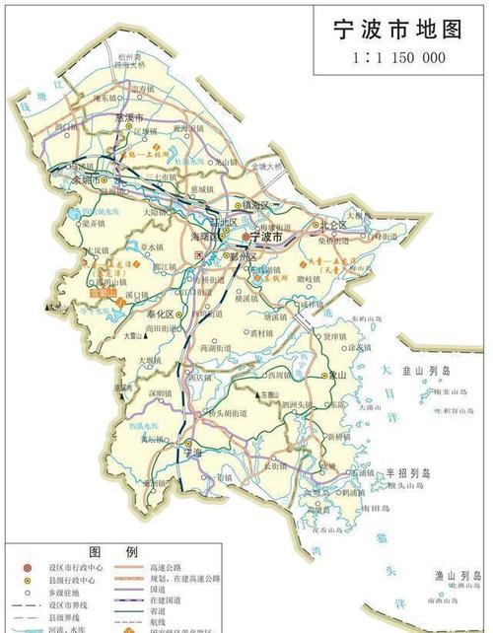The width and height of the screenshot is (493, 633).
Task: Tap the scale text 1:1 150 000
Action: pyautogui.click(x=398, y=57)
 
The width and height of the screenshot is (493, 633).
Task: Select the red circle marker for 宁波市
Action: pyautogui.click(x=246, y=238)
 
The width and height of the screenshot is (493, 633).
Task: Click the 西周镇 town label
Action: pyautogui.click(x=279, y=376)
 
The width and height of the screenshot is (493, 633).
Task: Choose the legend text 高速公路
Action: pyautogui.click(x=174, y=567)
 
